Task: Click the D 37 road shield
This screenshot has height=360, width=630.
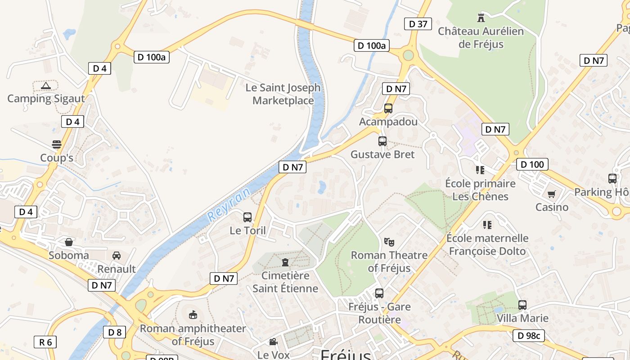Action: point(418,24)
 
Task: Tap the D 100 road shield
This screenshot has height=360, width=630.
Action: point(532,164)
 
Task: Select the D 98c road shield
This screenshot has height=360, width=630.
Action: point(529,335)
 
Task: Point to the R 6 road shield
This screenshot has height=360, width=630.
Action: point(45,342)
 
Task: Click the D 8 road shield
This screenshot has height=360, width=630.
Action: point(115,333)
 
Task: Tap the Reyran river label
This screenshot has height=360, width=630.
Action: point(229,205)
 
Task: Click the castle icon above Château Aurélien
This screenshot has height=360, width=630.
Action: point(481,18)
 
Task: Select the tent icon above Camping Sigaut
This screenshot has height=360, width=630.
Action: point(45,85)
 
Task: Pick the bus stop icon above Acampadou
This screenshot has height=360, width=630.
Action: point(388,108)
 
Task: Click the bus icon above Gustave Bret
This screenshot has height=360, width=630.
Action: point(382,141)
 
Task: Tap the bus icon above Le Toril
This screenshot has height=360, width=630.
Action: point(247,217)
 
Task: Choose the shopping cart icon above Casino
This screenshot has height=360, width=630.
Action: point(552,194)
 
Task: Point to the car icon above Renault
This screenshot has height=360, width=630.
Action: point(117,256)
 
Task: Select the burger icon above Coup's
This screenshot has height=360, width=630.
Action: point(57,144)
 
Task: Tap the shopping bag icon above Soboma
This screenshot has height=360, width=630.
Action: point(69,242)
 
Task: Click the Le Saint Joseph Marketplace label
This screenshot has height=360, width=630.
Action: point(283,94)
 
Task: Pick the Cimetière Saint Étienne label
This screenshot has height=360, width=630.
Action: point(285,282)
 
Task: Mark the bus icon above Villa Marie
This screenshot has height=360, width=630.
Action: point(522,305)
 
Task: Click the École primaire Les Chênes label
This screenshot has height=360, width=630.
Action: point(480,190)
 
